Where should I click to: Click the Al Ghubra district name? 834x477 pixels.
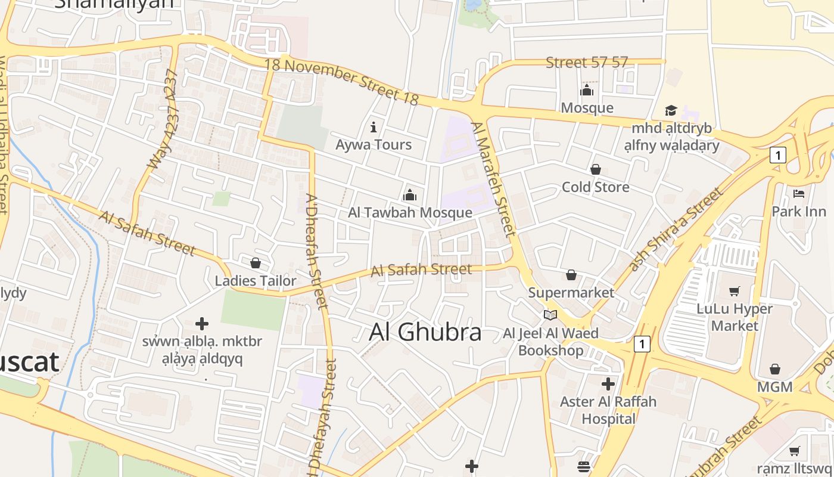[425, 332]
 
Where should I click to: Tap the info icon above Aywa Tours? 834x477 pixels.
[374, 127]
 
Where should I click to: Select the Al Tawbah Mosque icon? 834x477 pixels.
[409, 195]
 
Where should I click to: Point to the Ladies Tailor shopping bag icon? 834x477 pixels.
[256, 263]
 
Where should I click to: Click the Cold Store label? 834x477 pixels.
[595, 187]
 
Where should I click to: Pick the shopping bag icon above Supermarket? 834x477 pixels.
[571, 275]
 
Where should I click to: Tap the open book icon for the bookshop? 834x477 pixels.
[550, 315]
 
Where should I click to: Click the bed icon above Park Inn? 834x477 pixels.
[799, 194]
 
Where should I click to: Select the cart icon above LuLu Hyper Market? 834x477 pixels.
[735, 291]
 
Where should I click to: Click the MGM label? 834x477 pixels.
[774, 387]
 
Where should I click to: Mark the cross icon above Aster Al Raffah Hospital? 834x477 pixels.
[608, 383]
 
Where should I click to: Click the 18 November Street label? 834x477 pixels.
[342, 81]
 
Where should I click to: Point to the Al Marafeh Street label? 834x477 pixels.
[493, 179]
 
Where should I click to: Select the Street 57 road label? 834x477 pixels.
[587, 62]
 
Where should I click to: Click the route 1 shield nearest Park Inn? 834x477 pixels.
[777, 156]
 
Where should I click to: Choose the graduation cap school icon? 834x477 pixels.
[671, 111]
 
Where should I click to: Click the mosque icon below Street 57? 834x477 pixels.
[587, 91]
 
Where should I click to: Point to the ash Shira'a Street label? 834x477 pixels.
[677, 230]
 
